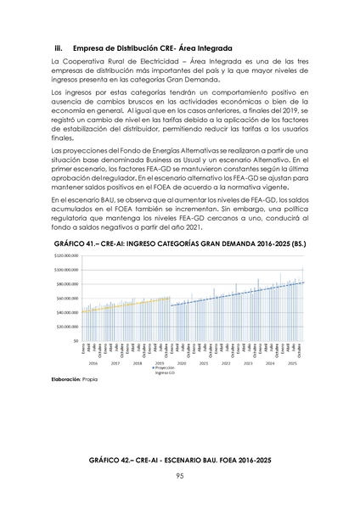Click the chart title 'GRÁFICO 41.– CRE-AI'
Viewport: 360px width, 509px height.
(x=180, y=243)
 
